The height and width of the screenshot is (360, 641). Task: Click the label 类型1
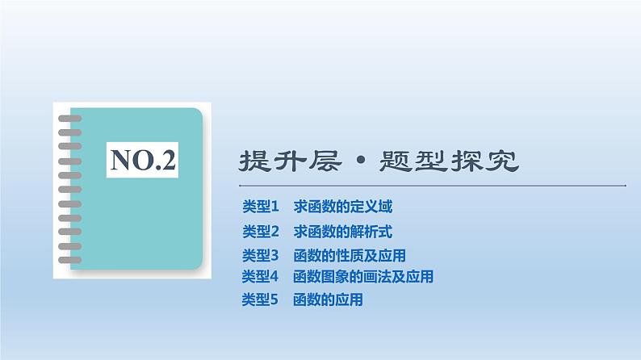(x=260, y=207)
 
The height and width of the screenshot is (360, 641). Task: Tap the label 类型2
(x=260, y=232)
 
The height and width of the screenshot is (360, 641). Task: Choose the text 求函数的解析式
(x=343, y=232)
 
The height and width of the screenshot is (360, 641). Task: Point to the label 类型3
(x=260, y=256)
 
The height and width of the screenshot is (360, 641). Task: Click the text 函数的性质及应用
(x=350, y=256)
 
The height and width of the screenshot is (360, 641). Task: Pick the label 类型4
(x=260, y=277)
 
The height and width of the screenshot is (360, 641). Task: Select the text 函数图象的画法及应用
(x=364, y=277)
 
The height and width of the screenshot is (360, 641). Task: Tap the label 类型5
(x=260, y=300)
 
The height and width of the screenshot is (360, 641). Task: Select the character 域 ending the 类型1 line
(x=386, y=207)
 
